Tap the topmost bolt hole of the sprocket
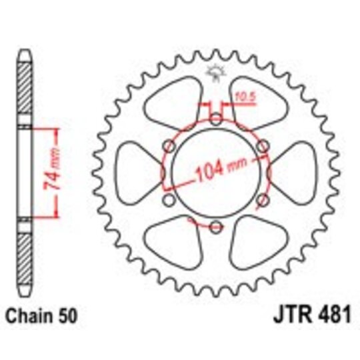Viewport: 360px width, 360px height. pos(215,120)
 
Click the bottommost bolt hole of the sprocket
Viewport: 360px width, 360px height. pos(215,227)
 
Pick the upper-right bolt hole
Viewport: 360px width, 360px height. pos(262,147)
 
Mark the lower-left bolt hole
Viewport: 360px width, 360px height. pos(169,201)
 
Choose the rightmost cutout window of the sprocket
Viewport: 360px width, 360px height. pos(294,173)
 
